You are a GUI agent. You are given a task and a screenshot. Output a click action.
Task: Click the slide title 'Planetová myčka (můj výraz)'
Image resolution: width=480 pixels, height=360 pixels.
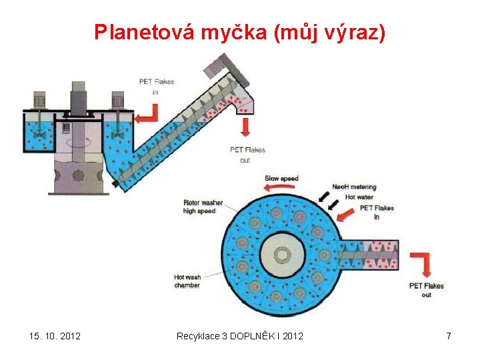point(239,32)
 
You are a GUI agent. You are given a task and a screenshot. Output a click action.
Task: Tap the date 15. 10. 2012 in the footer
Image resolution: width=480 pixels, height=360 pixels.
point(55,336)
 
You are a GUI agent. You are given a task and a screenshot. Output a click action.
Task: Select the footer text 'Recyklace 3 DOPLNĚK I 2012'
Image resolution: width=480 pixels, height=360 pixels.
point(239,336)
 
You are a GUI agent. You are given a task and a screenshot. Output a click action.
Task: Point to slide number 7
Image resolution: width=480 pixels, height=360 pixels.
point(449,336)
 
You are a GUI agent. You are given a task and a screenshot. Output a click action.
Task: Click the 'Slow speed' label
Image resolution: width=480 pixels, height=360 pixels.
point(281,179)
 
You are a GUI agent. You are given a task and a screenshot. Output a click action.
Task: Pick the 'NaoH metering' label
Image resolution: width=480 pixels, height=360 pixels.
point(354,187)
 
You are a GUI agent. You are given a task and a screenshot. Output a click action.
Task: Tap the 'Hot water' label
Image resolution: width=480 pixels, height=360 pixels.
point(359,197)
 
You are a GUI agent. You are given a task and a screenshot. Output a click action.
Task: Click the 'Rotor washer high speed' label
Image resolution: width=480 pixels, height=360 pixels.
point(203,207)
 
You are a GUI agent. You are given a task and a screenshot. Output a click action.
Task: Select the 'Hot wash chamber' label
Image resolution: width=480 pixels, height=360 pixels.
point(187,281)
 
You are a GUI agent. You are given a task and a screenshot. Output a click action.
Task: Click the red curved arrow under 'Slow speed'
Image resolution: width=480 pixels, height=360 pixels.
point(279,188)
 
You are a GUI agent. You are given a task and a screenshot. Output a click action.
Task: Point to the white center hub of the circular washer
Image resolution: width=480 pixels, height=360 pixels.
point(283,254)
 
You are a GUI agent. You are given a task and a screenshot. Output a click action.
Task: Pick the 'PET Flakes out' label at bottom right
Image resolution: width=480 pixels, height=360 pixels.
point(427,290)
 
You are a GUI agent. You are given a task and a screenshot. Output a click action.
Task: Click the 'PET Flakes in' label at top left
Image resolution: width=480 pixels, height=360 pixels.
point(156,86)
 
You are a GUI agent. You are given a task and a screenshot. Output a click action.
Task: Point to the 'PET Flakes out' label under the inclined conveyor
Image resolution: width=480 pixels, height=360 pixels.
point(247,155)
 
